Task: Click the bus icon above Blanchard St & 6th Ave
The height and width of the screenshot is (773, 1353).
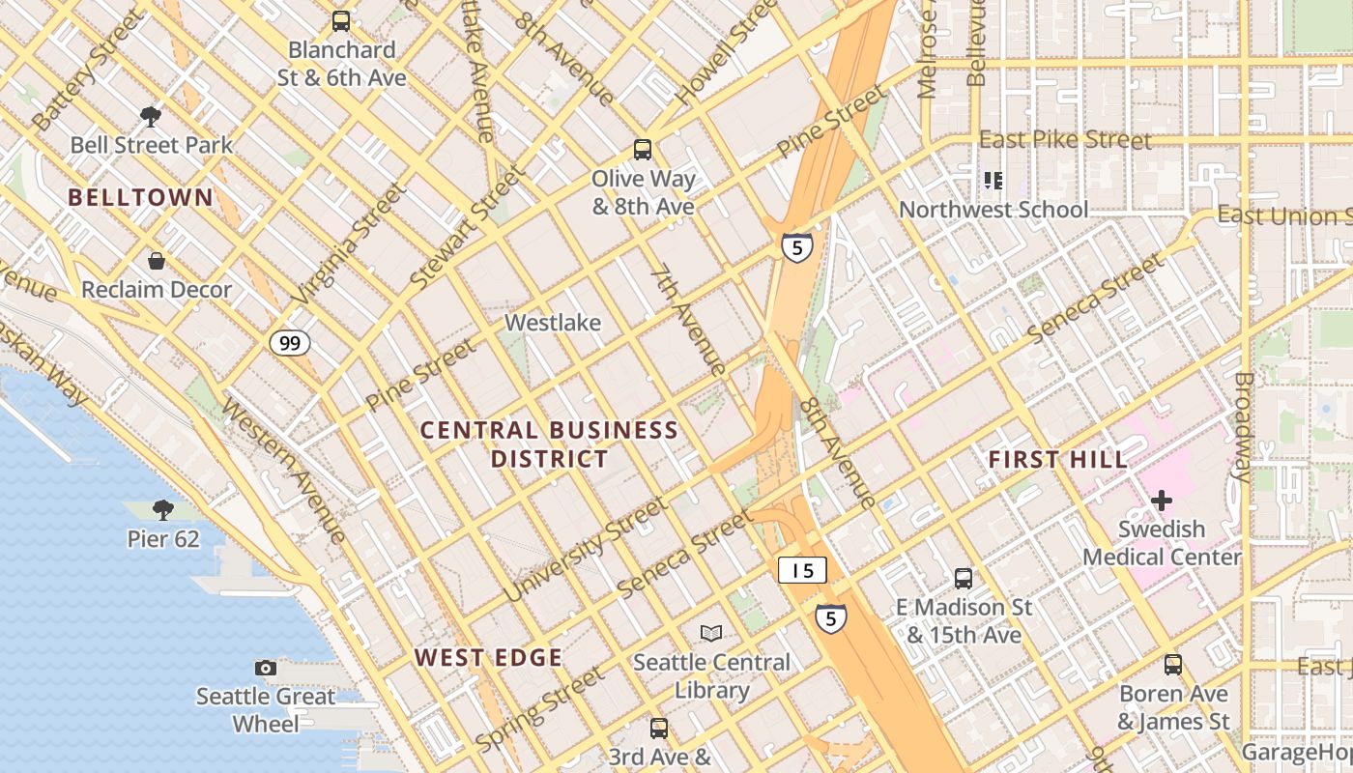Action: click(x=341, y=20)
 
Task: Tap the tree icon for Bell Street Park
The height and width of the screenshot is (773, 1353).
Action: click(x=150, y=117)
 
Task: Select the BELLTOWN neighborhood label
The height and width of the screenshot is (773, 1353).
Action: click(x=140, y=197)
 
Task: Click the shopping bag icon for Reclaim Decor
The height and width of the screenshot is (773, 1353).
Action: click(x=156, y=261)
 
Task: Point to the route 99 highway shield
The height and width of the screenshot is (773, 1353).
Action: click(x=290, y=342)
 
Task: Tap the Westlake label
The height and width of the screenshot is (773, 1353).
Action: click(x=553, y=323)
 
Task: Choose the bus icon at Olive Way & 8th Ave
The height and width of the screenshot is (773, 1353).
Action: click(x=643, y=150)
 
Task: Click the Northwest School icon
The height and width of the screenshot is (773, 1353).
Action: click(x=993, y=181)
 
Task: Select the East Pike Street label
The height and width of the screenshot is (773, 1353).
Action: click(x=1065, y=140)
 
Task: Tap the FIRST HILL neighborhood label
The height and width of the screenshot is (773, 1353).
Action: click(x=1058, y=460)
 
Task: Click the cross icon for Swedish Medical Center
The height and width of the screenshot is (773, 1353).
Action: click(x=1162, y=501)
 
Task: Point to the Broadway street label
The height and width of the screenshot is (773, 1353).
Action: click(x=1244, y=426)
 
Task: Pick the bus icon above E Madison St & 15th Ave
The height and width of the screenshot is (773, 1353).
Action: click(x=964, y=579)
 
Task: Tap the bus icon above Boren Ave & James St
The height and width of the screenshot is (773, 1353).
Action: click(x=1173, y=665)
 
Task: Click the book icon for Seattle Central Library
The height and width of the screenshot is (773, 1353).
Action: click(x=711, y=633)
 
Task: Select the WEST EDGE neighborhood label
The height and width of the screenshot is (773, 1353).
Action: click(x=488, y=658)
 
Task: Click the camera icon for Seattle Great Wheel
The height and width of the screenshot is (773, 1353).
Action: click(x=266, y=668)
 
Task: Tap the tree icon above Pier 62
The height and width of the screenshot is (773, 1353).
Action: click(x=163, y=509)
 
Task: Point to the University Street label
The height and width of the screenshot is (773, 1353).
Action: click(x=586, y=548)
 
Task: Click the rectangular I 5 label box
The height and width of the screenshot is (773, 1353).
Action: click(x=802, y=570)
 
